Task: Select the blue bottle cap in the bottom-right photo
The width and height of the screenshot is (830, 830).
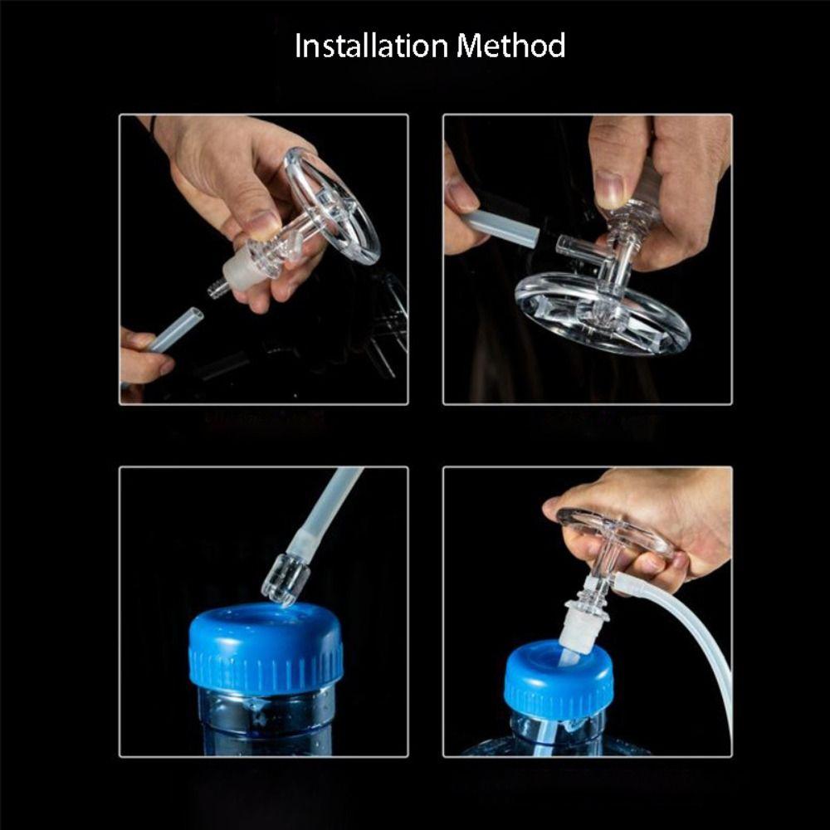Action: tap(559, 676)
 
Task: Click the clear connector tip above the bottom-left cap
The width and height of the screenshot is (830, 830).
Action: tap(285, 579)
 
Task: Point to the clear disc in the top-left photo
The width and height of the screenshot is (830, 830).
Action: tap(332, 203)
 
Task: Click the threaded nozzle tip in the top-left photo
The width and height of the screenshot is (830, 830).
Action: tap(217, 289)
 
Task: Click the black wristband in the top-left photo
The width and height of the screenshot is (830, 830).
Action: tap(153, 124)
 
